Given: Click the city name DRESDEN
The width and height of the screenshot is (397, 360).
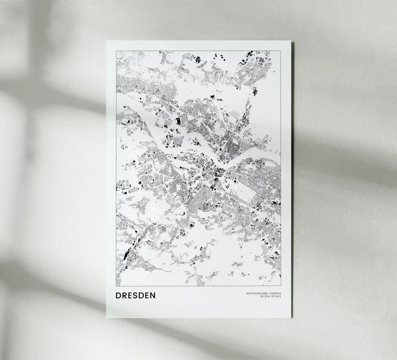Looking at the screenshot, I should coord(136,295).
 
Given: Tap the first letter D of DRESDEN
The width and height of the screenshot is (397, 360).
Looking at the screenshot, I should coord(118,295).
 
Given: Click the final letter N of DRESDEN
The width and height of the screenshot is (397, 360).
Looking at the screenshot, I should coord(153,295).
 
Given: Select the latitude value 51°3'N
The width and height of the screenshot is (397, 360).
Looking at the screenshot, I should coord(265,297).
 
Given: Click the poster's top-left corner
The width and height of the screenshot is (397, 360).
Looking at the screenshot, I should coord(107,41).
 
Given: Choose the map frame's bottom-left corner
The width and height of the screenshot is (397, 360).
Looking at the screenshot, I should coord(116,286).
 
